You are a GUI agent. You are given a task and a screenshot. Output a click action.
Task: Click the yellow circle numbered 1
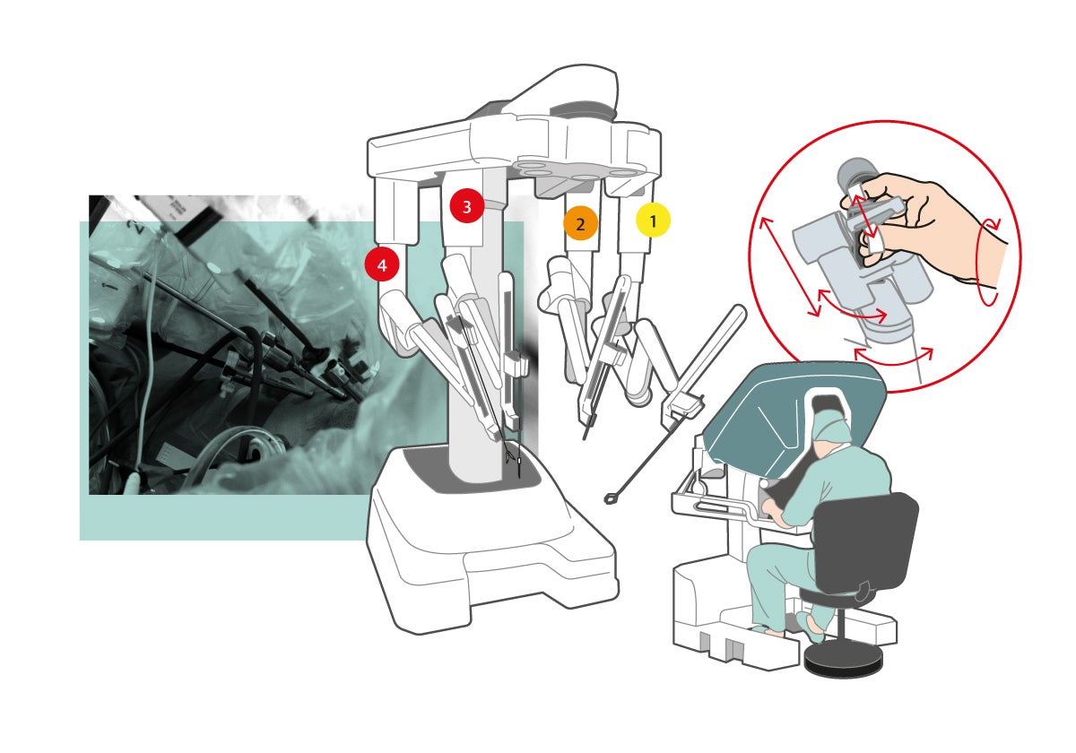pos(653,221)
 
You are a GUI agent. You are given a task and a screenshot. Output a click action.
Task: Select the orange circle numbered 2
pos(580,223)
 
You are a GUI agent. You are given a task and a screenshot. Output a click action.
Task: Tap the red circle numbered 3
pos(466,206)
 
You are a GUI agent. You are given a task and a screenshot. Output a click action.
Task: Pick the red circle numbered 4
pos(382,264)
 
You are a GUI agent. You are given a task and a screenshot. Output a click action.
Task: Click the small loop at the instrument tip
pos(610,499)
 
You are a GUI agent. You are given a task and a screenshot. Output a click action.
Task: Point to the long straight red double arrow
pos(790,266)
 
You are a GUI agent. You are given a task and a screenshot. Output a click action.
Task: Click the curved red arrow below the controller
pos(893,361)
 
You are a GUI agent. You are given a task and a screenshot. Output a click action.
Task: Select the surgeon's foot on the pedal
pos(811,627)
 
